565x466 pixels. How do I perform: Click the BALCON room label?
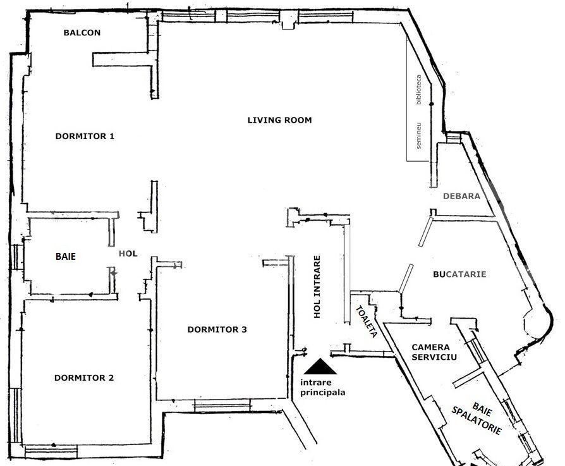[82, 33]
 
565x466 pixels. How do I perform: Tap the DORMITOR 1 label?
[85, 136]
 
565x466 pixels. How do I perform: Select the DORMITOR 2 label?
[84, 378]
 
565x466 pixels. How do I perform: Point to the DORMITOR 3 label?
[217, 329]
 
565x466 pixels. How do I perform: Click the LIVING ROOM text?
[279, 120]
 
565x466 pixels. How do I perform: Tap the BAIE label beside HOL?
[66, 257]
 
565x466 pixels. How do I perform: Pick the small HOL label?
[128, 254]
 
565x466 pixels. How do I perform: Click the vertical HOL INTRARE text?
[317, 286]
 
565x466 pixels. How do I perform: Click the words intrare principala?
[322, 387]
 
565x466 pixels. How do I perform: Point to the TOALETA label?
[367, 322]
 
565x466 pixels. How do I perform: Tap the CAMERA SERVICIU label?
[430, 352]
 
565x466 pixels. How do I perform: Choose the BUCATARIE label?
[459, 274]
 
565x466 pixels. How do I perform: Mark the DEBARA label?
[461, 196]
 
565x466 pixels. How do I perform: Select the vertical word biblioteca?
[418, 89]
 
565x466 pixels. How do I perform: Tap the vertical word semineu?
[418, 136]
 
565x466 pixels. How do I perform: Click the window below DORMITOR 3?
[217, 405]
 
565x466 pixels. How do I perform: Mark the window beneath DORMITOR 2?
[51, 450]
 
